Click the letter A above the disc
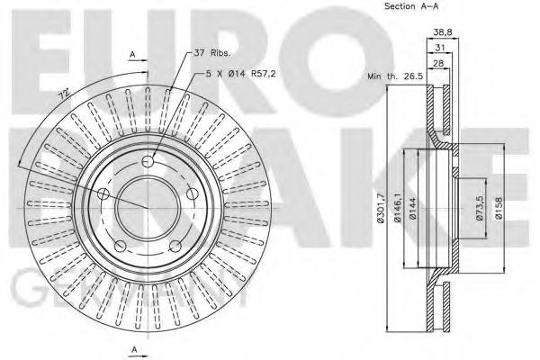(133, 56)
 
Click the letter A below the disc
(133, 349)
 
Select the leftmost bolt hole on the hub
(103, 194)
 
